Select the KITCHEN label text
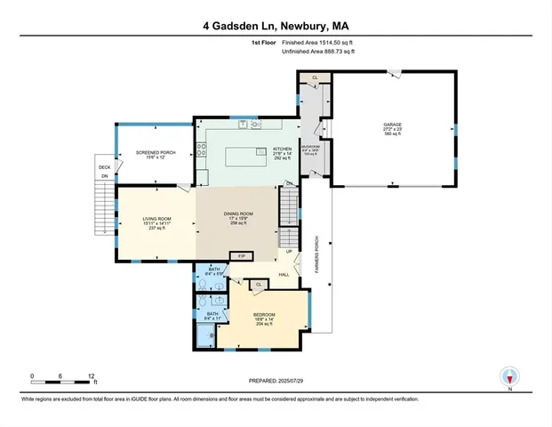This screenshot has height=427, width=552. (x=283, y=150)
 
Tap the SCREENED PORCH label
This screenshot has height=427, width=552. (x=155, y=153)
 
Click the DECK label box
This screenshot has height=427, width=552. (x=104, y=166)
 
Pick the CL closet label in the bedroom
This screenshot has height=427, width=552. (x=258, y=285)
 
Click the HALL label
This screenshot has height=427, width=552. (x=284, y=274)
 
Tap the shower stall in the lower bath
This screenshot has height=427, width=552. (x=204, y=335)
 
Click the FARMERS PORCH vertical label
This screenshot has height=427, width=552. (x=317, y=253)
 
